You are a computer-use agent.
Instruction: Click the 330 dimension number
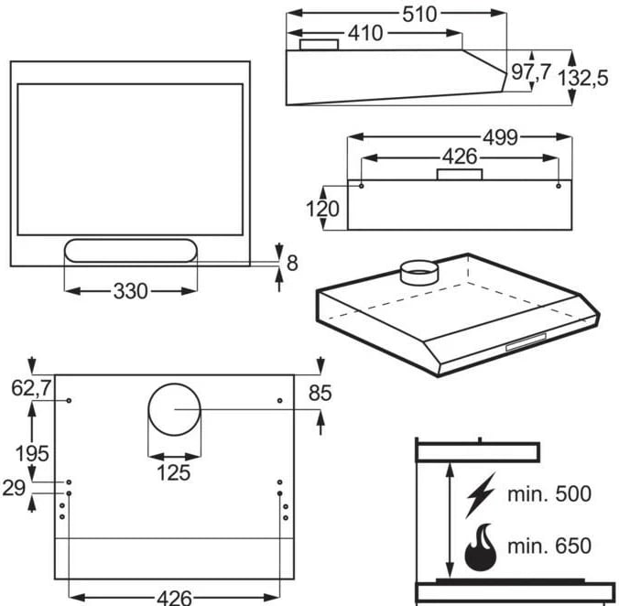point(130,291)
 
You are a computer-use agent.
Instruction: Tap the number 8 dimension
point(292,264)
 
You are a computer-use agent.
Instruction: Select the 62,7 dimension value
point(30,389)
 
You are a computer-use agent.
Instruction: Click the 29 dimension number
point(14,487)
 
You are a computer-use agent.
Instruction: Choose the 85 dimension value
point(320,394)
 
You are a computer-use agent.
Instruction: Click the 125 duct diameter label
point(173,472)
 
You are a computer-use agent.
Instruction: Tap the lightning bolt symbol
point(480,494)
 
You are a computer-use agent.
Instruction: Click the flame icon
point(480,547)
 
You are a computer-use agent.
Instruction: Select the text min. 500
point(549,494)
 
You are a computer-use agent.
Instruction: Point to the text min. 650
point(549,547)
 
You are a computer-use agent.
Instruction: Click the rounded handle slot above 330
point(130,251)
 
